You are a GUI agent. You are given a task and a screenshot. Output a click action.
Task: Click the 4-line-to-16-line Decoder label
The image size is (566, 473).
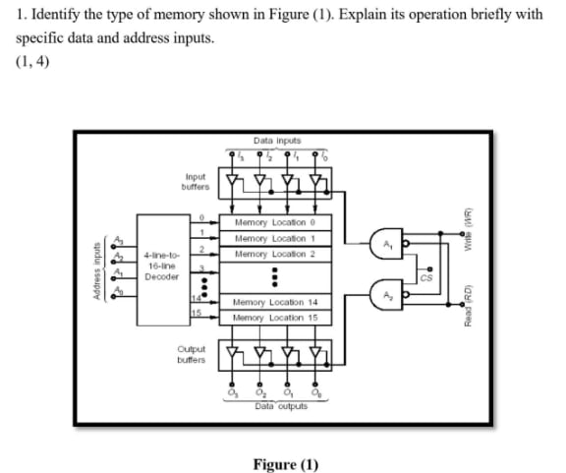click(160, 266)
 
